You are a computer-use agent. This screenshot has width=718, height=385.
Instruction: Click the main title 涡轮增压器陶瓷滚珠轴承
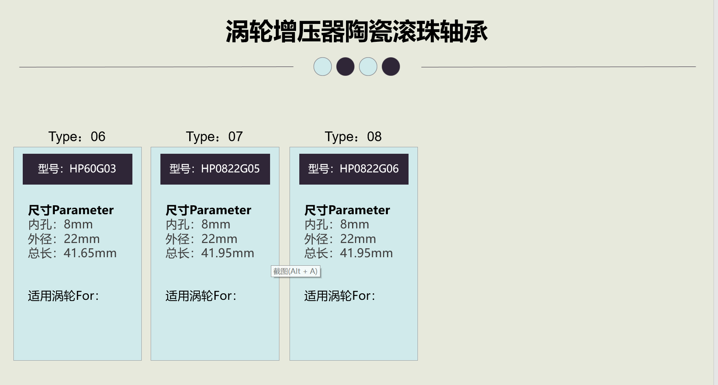click(357, 32)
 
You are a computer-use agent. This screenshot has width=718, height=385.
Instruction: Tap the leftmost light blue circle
click(322, 67)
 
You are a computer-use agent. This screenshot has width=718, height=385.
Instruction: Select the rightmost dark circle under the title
click(391, 67)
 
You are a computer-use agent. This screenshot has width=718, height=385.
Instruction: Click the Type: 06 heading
click(77, 137)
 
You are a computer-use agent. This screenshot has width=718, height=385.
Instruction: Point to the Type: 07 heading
click(214, 137)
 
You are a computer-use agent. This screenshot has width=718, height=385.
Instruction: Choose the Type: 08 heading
click(353, 137)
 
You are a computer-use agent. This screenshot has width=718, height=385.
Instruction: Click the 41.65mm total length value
click(90, 253)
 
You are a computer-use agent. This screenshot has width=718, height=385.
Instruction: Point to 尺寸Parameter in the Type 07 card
click(208, 210)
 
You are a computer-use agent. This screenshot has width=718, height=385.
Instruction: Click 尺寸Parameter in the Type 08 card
click(347, 210)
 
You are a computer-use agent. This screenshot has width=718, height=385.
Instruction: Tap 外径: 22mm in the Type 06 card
click(64, 239)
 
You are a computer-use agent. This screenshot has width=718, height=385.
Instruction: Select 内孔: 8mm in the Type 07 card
click(198, 224)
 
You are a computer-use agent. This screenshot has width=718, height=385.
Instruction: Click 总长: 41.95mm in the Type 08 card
click(348, 253)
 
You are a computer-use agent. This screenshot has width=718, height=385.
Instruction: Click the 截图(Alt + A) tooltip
click(296, 271)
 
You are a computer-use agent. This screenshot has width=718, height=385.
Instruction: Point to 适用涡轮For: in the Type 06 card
click(63, 296)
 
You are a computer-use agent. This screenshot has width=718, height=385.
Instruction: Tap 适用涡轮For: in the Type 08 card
click(340, 296)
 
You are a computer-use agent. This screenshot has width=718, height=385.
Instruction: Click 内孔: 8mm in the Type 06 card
click(61, 224)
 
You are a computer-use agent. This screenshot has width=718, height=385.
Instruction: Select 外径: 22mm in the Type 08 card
click(340, 239)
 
